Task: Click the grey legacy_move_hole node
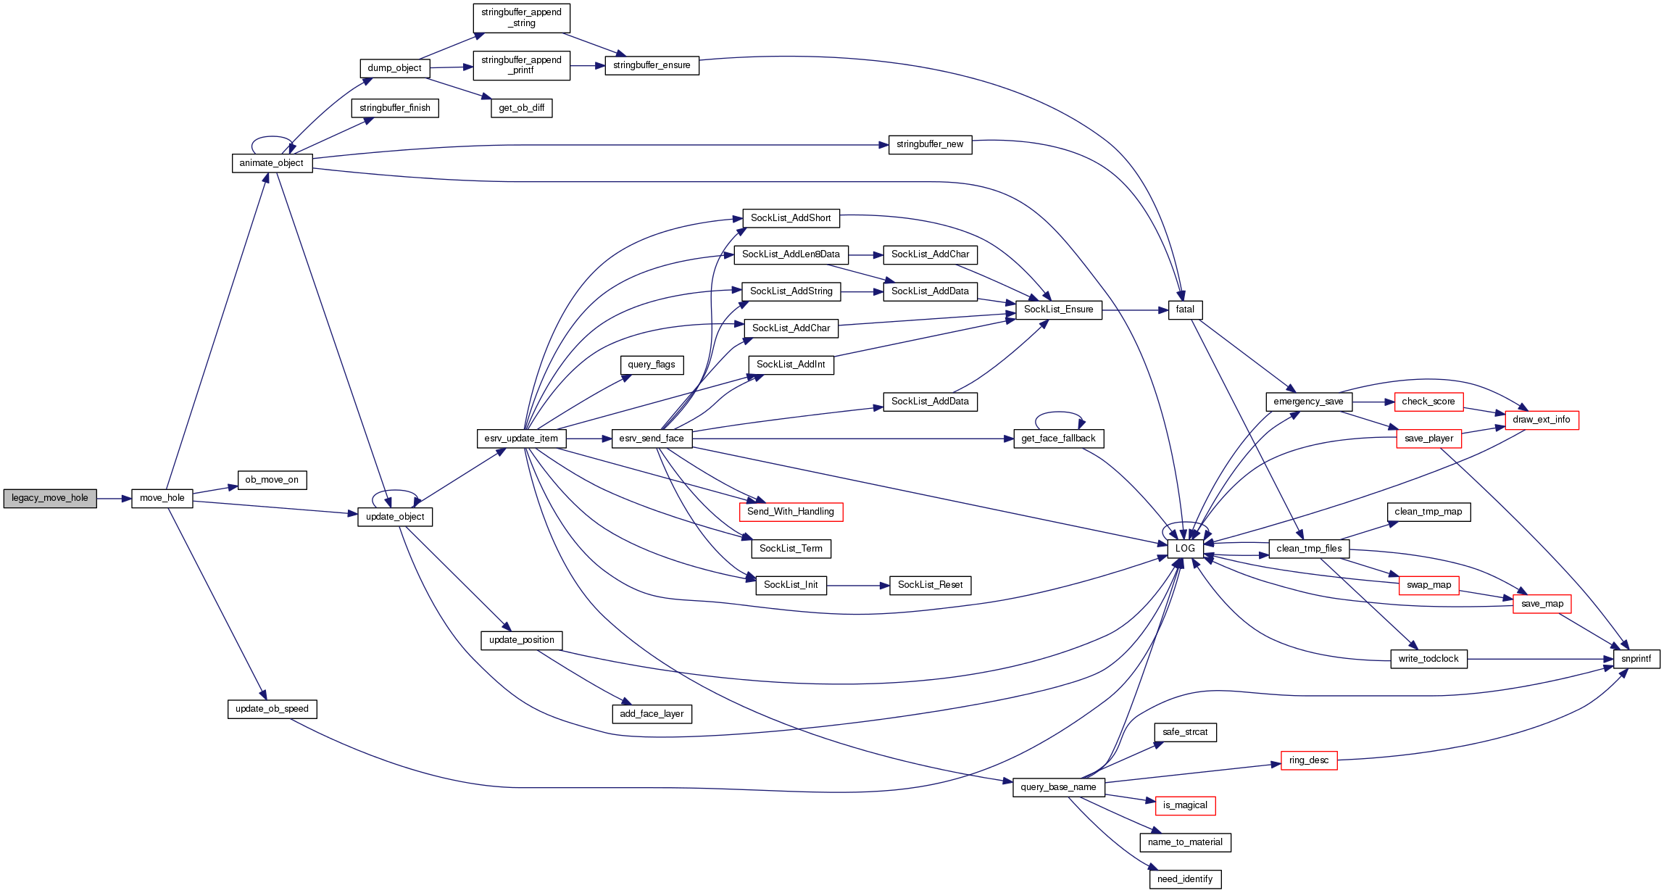[x=50, y=499]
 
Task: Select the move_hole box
[x=162, y=499]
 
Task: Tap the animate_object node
[x=272, y=163]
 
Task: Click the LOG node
[x=1185, y=549]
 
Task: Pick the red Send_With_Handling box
[x=791, y=512]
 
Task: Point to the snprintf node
[x=1636, y=659]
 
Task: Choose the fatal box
[x=1185, y=310]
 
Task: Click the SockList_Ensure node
[x=1058, y=310]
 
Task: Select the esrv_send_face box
[x=652, y=439]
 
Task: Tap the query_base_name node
[x=1058, y=787]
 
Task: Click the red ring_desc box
[x=1309, y=760]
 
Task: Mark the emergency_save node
[x=1308, y=402]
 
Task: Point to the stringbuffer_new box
[x=930, y=145]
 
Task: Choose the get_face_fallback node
[x=1058, y=439]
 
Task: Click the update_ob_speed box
[x=272, y=709]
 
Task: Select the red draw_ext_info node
[x=1542, y=420]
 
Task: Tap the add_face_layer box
[x=652, y=714]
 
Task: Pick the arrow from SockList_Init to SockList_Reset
[x=858, y=586]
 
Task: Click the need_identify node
[x=1185, y=879]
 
